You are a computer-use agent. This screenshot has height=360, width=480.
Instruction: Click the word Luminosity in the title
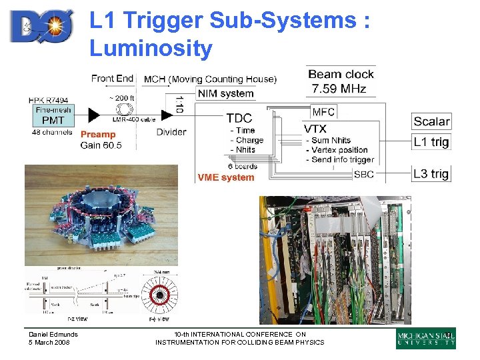[x=151, y=48]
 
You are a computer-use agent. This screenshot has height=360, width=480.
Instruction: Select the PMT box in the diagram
[x=53, y=120]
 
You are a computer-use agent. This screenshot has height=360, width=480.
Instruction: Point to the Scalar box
[x=431, y=121]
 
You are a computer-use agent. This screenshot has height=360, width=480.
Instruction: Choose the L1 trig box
[x=431, y=141]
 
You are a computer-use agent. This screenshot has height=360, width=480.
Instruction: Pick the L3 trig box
[x=431, y=174]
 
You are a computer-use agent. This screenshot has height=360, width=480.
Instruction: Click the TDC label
[x=239, y=118]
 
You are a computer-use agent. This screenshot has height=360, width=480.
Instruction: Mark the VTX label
[x=319, y=128]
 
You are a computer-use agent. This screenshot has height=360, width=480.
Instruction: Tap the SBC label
[x=363, y=174]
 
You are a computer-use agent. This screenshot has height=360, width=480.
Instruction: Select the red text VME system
[x=226, y=177]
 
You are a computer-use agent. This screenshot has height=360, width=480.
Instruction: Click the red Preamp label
[x=98, y=134]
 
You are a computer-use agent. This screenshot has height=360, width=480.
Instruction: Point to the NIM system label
[x=226, y=93]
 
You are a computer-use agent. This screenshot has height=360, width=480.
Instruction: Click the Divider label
[x=171, y=132]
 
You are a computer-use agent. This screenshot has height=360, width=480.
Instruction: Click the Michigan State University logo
[x=426, y=339]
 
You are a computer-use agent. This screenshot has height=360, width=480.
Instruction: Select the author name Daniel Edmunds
[x=53, y=335]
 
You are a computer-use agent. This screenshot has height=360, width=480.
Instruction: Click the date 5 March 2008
[x=49, y=343]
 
